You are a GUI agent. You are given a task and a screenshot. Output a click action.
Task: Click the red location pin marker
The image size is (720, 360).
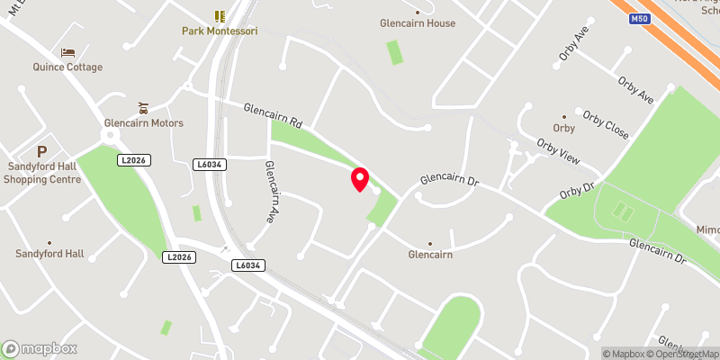point(360,179)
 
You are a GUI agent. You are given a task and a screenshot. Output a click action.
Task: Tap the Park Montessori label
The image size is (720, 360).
point(220,31)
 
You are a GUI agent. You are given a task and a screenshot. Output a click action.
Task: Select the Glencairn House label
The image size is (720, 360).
point(418,23)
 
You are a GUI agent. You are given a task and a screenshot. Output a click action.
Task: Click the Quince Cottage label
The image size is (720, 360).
point(67,67)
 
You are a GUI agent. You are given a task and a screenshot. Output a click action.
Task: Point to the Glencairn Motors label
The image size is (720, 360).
point(144,123)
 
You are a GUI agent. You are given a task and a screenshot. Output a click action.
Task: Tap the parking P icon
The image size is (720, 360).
point(41,151)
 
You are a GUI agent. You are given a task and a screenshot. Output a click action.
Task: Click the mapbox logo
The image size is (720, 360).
point(39,348)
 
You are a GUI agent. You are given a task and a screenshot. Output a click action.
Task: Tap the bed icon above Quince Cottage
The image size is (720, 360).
point(67,53)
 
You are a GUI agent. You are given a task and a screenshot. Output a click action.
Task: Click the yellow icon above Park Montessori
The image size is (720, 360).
point(220,16)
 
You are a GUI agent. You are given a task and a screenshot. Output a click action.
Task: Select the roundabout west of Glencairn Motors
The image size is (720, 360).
point(111,135)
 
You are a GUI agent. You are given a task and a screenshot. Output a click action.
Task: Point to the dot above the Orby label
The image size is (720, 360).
point(564,116)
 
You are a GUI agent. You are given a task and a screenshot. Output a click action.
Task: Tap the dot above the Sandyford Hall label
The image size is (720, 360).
point(49,242)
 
